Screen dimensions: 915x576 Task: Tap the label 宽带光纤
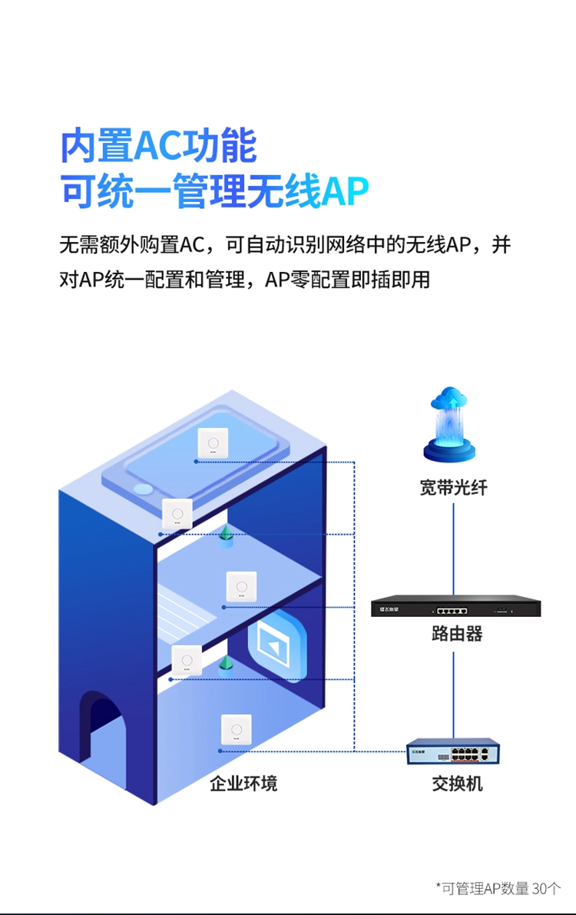tap(453, 488)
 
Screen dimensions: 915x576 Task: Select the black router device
tap(455, 606)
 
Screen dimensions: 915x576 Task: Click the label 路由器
tap(457, 634)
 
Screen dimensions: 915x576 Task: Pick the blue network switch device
tap(452, 751)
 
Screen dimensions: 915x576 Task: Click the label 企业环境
tap(243, 784)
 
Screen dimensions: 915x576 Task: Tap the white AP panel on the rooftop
tap(213, 443)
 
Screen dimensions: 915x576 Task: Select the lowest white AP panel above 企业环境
tap(236, 730)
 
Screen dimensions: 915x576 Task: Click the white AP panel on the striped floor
tap(241, 588)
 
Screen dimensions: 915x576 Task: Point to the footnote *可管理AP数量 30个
tap(498, 889)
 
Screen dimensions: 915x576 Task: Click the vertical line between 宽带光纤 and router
tap(453, 545)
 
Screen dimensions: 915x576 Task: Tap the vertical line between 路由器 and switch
tap(453, 691)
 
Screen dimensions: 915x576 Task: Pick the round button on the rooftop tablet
tap(143, 489)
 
